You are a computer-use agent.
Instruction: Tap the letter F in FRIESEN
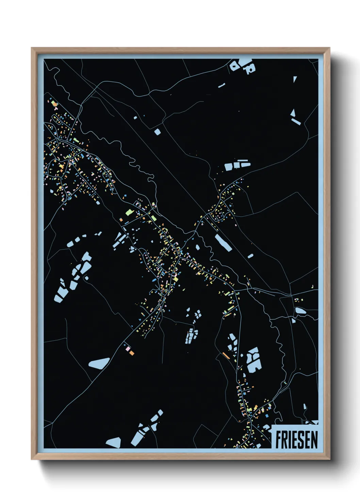pos(278,440)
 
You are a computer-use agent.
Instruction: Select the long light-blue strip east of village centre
pos(223,242)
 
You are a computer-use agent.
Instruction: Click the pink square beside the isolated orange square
pos(128,349)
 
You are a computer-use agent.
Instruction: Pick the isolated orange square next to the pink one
pos(132,353)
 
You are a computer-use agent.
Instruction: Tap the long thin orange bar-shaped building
pos(226,356)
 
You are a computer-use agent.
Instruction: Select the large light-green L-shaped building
pos(129,212)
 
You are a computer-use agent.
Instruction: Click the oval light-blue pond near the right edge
pos(300,310)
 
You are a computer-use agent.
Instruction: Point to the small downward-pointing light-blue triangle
pos(295,79)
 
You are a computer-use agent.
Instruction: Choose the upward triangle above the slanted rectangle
pos(293,112)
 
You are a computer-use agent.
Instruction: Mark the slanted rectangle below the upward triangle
pos(296,121)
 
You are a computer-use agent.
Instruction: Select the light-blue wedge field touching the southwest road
pos(99,363)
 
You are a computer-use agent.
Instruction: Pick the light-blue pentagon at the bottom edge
pos(114,442)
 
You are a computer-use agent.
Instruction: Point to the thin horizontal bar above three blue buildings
pos(242,160)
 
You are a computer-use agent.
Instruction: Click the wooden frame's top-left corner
pos(32,48)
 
